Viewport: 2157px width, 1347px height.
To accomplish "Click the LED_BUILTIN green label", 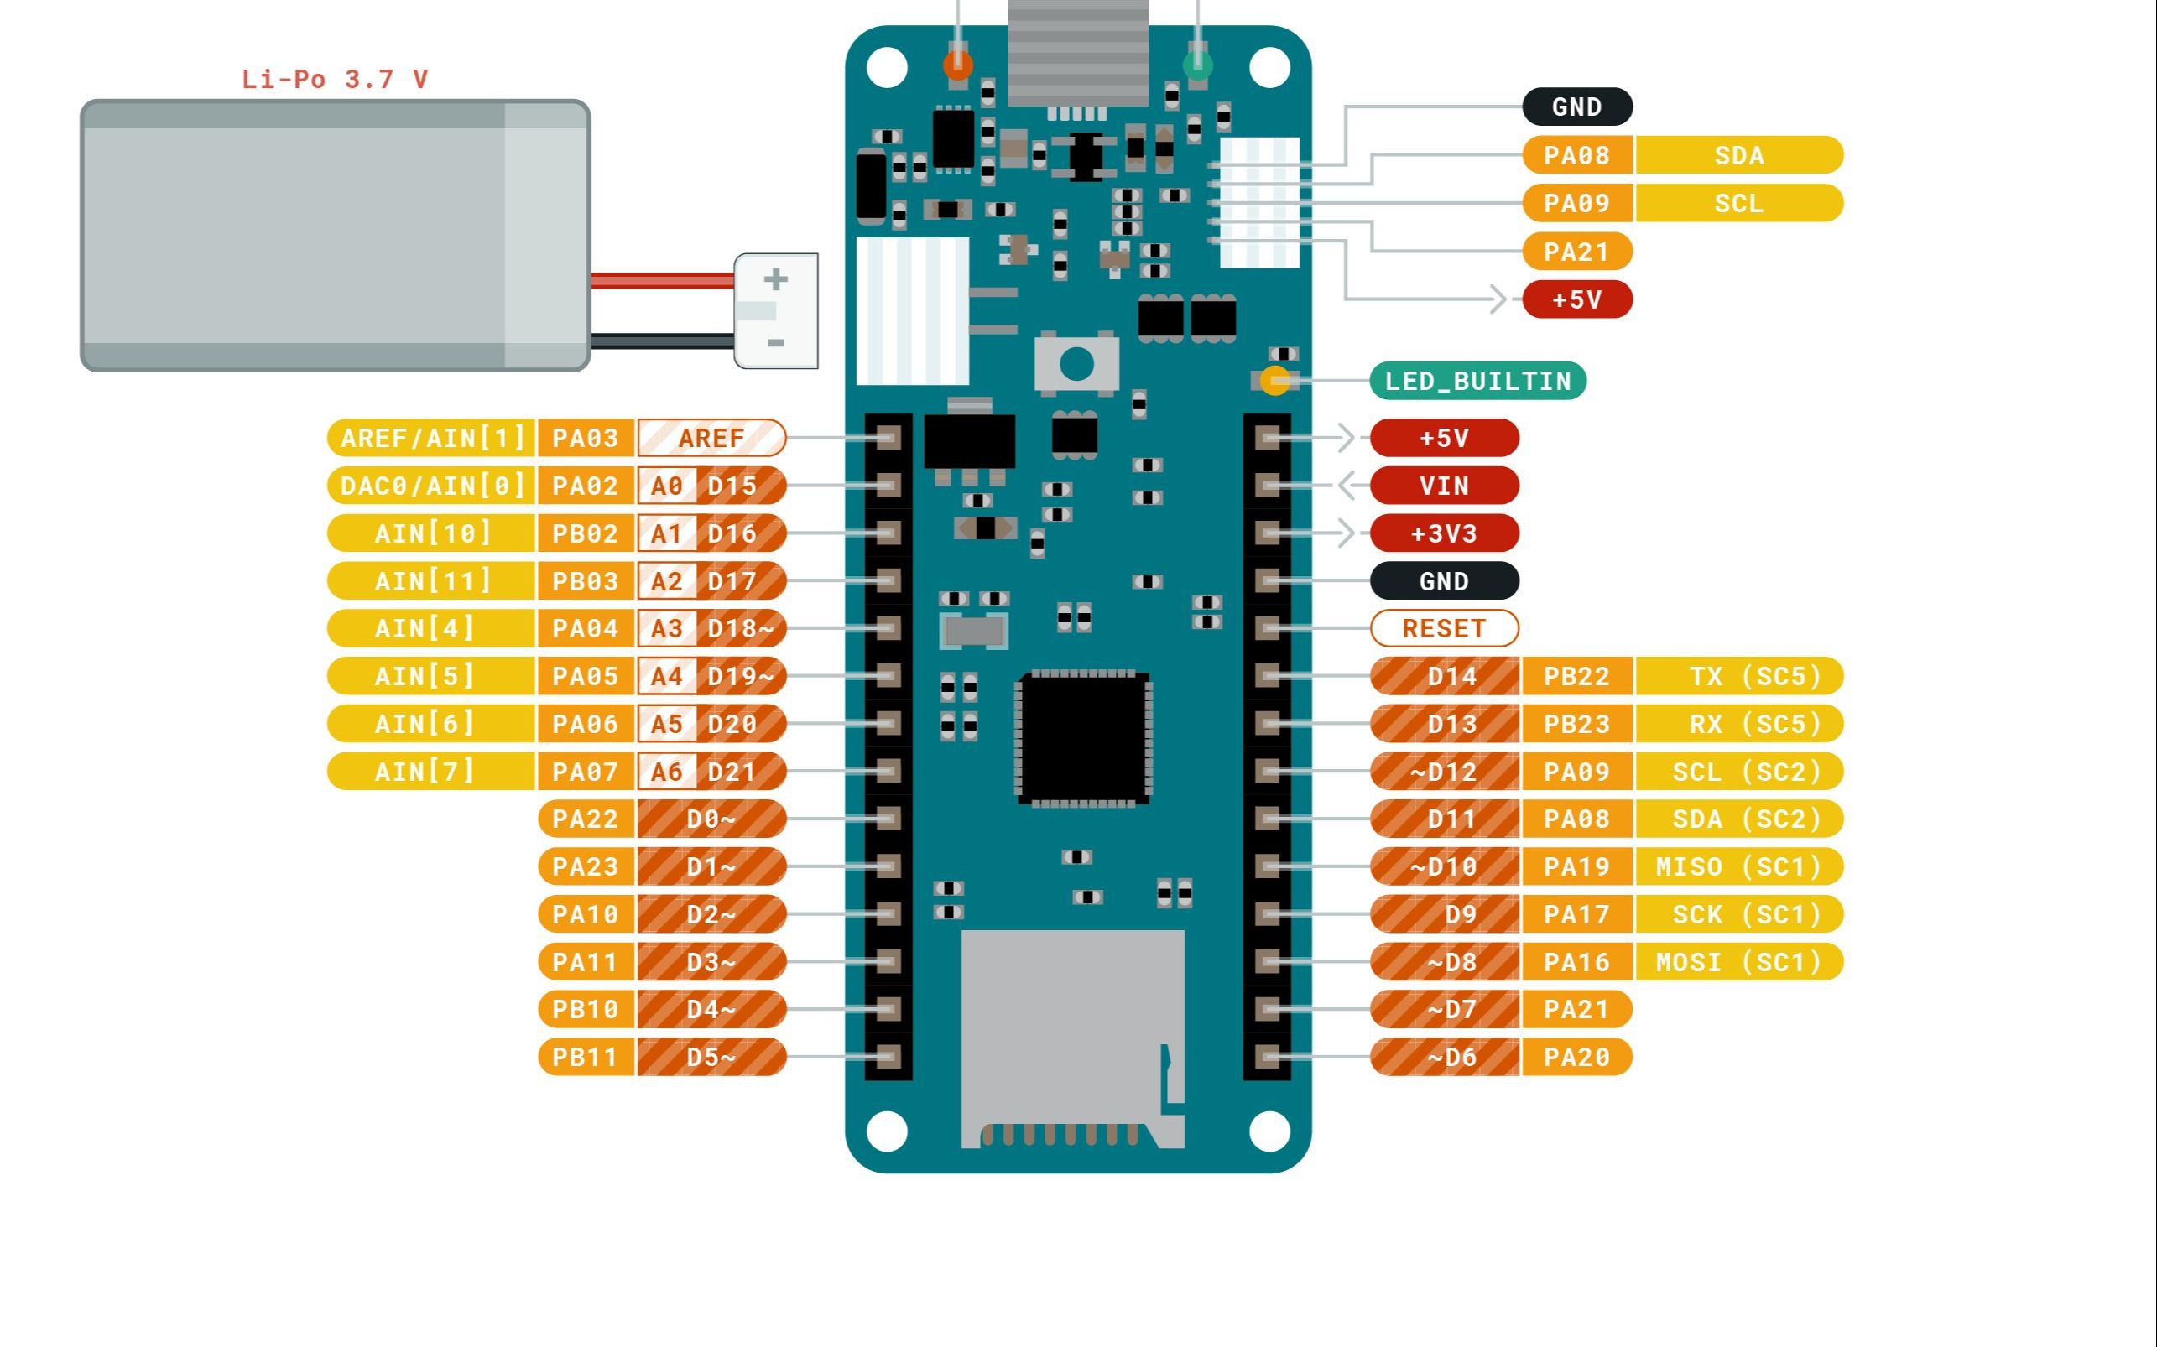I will tap(1477, 382).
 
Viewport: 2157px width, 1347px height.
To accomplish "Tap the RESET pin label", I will tap(1443, 628).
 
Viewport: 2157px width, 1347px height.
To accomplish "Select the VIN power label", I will tap(1443, 486).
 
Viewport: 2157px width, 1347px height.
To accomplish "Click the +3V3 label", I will tap(1443, 533).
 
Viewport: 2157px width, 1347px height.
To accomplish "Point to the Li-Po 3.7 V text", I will tap(335, 80).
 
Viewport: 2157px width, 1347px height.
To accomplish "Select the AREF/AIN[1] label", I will tap(431, 439).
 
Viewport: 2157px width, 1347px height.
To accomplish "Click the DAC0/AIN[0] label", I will tap(431, 486).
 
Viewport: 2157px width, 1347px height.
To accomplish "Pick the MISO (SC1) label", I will tap(1739, 866).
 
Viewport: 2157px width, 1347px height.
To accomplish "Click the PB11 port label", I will tap(585, 1058).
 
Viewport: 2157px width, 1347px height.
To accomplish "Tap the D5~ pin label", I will tap(711, 1058).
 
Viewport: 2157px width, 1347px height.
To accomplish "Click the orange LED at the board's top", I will tap(958, 64).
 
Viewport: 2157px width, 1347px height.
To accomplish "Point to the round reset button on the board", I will tap(1076, 363).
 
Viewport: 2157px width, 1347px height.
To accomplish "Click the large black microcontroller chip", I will tap(1083, 737).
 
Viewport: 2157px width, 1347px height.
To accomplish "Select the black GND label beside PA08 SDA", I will tap(1577, 107).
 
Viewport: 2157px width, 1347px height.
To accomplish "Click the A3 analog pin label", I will tap(666, 629).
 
